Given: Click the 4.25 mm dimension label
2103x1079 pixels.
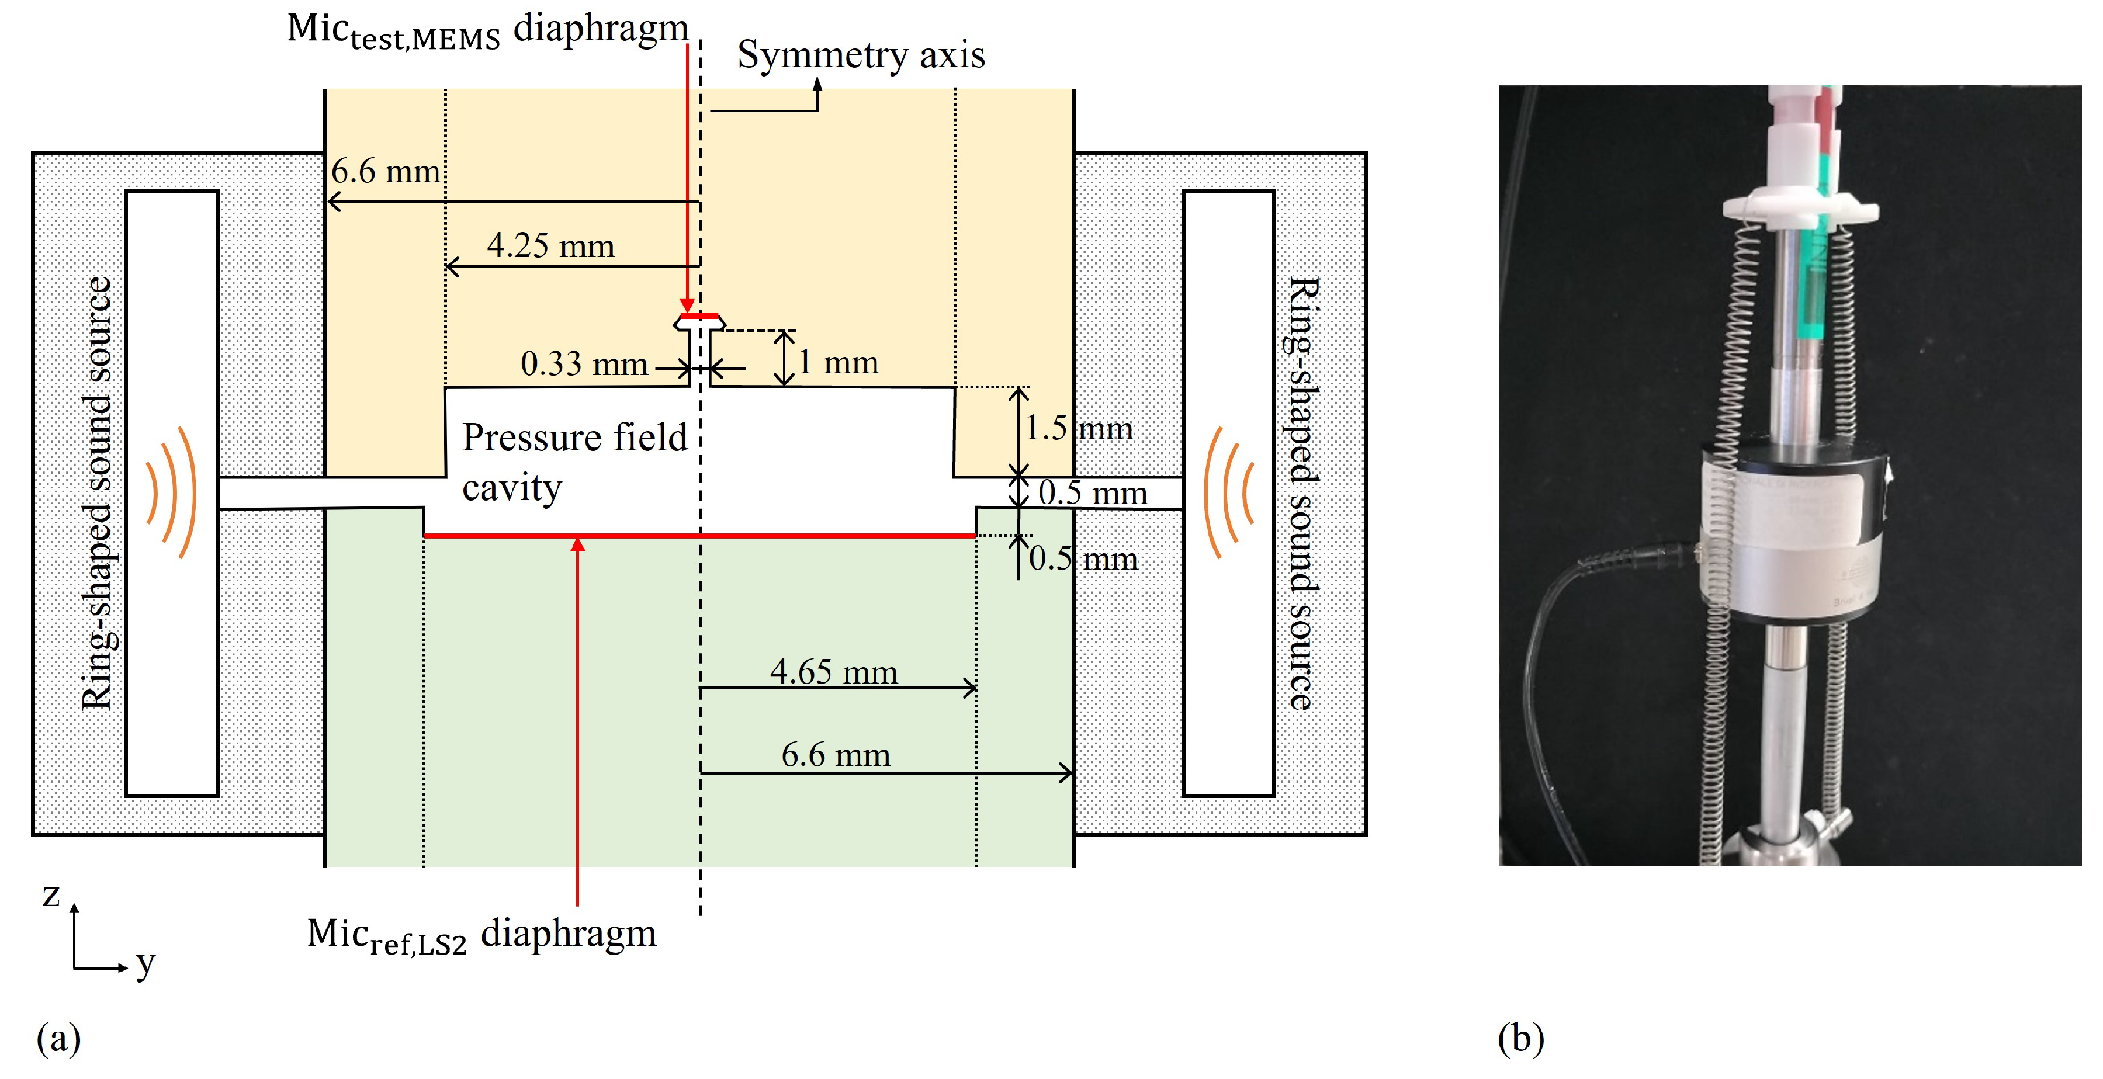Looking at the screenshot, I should click(x=550, y=246).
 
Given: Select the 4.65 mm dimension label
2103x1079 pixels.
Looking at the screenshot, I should click(x=833, y=672).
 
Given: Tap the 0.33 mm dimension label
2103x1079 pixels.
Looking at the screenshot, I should click(x=584, y=363).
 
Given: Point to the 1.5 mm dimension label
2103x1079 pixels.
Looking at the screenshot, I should click(x=1078, y=428).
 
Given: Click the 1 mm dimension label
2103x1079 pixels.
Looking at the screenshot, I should click(x=839, y=362).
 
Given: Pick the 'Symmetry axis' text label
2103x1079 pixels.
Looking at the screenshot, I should click(x=861, y=55).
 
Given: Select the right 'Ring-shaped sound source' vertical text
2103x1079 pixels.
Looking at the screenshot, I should click(x=1302, y=493).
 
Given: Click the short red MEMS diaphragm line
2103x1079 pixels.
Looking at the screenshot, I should click(x=699, y=317).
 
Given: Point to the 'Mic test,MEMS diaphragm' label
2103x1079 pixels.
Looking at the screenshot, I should click(x=487, y=31).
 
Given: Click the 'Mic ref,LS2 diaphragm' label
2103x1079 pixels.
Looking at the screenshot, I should click(x=481, y=935).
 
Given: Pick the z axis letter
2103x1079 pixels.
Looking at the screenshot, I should click(x=51, y=896).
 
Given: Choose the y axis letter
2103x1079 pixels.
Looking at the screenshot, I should click(x=145, y=964).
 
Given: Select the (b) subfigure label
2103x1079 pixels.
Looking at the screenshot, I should click(x=1520, y=1038).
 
